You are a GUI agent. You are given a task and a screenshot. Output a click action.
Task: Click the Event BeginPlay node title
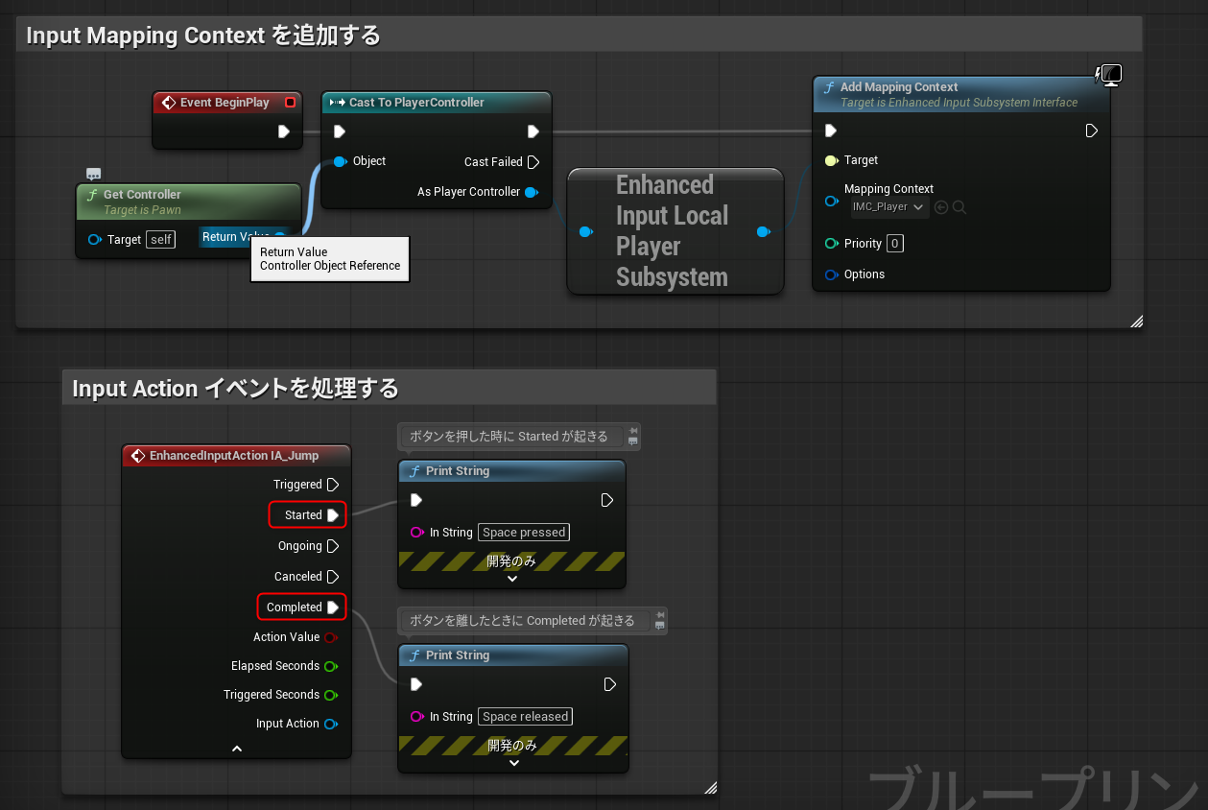(x=225, y=103)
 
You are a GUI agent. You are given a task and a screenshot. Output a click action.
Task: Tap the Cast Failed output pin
(x=533, y=162)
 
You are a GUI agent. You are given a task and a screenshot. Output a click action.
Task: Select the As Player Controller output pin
(x=532, y=192)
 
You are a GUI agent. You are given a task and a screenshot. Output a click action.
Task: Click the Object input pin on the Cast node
(x=341, y=161)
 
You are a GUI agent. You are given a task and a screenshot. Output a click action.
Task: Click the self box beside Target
(x=160, y=239)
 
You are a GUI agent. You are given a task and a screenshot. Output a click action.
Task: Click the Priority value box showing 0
(x=894, y=243)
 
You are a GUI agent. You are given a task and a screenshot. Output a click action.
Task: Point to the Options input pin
(x=832, y=274)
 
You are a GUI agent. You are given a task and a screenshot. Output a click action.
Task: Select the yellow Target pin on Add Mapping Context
(x=832, y=160)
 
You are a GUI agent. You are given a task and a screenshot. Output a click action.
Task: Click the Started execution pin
(x=333, y=515)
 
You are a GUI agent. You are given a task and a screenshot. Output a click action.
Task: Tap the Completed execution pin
(x=333, y=607)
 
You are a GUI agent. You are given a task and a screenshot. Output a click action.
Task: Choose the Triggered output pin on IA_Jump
(x=333, y=485)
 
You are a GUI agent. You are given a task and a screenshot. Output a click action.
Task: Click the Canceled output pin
(x=333, y=577)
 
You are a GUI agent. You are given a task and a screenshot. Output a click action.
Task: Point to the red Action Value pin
(x=331, y=637)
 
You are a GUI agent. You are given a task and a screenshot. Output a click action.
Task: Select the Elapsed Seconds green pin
(x=331, y=667)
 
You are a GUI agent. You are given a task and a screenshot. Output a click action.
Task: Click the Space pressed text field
(x=524, y=533)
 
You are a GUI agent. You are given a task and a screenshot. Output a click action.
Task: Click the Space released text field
(x=525, y=717)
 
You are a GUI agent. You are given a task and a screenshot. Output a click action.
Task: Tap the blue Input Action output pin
(x=331, y=725)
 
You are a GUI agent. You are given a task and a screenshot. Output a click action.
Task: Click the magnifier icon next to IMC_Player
(x=959, y=207)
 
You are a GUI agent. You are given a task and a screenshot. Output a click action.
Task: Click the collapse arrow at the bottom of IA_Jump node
(x=237, y=749)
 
